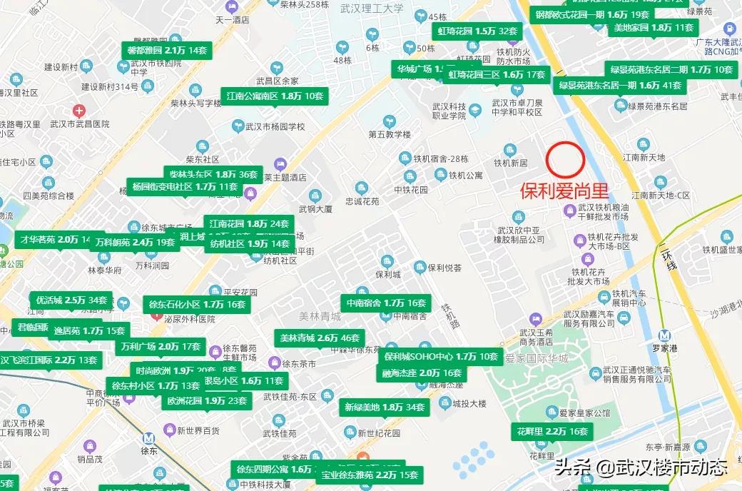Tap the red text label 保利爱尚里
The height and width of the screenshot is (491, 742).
pyautogui.click(x=564, y=191)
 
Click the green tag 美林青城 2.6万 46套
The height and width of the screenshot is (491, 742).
pyautogui.click(x=320, y=338)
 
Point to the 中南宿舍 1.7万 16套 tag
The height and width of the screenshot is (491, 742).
pyautogui.click(x=386, y=303)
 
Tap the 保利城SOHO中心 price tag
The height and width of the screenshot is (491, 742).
pyautogui.click(x=441, y=356)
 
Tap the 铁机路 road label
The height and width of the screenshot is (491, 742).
pyautogui.click(x=447, y=315)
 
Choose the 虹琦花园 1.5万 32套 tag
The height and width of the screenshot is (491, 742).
pyautogui.click(x=477, y=31)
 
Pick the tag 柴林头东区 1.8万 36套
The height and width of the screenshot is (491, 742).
pyautogui.click(x=213, y=174)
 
